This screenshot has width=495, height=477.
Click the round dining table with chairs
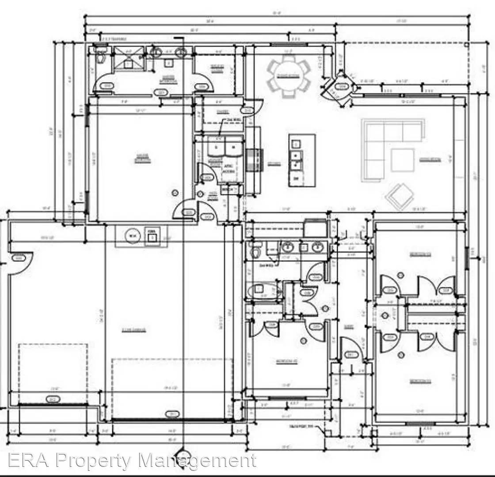click(288, 76)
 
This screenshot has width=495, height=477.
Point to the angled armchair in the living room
click(399, 196)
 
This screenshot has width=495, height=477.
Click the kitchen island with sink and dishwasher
click(302, 160)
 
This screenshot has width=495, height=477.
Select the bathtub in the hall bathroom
click(261, 291)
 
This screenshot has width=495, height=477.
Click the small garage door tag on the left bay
click(53, 400)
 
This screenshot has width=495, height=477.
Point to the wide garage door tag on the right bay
click(172, 414)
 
